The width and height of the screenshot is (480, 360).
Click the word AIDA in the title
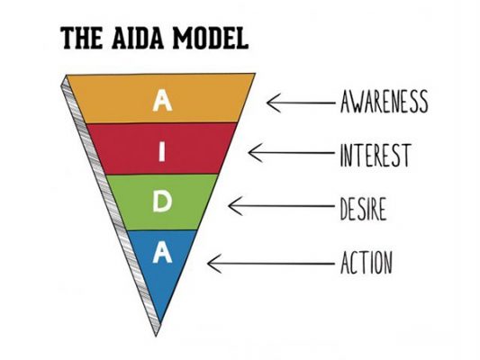[138, 38]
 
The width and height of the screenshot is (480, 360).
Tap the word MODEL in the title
[211, 38]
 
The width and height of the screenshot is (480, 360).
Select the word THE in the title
[82, 38]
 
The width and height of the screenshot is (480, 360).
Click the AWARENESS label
[384, 102]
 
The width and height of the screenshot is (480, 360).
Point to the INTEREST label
[376, 155]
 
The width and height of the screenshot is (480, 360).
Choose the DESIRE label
[363, 209]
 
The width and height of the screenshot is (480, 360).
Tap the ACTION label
[367, 262]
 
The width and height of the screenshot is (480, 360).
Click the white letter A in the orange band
[162, 100]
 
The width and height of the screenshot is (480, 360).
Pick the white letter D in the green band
[162, 202]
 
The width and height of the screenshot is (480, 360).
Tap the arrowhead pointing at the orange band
[273, 103]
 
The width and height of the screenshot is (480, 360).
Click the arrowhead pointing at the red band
[255, 152]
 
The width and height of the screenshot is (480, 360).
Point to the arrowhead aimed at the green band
[235, 205]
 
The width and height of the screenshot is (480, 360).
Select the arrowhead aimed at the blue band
[214, 263]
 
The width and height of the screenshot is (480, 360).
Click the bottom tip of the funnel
[156, 337]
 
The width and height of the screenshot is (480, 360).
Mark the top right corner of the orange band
[255, 74]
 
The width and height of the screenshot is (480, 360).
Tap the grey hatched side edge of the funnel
[111, 206]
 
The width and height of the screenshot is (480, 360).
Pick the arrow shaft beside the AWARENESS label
[301, 103]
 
